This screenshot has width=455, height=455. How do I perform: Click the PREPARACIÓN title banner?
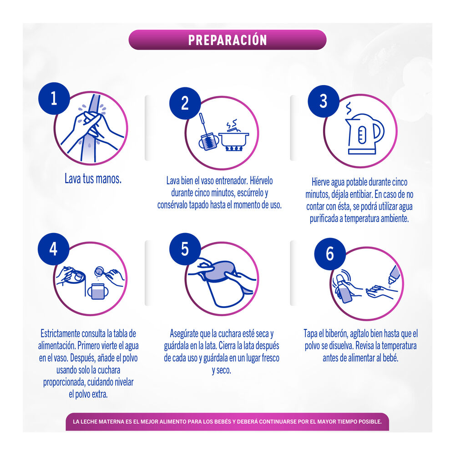[227, 40]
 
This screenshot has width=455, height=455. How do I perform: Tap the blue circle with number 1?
[54, 98]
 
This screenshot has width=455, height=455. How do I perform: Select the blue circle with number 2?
[185, 103]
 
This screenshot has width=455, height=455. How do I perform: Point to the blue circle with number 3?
[324, 101]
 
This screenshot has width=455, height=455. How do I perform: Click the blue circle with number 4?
[53, 249]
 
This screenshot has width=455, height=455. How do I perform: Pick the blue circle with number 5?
[185, 249]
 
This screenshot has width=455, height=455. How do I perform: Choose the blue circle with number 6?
[330, 254]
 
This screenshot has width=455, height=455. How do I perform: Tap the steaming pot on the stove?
[233, 137]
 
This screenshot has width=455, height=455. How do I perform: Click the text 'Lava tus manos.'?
[93, 179]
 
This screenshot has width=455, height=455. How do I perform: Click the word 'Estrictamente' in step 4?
[60, 334]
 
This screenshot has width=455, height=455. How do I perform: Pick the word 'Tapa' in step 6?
[310, 334]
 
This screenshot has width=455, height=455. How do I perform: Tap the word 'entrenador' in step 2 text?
[232, 181]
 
